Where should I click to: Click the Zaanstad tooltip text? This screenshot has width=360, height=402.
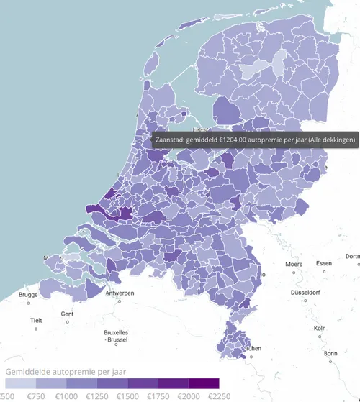click(x=255, y=140)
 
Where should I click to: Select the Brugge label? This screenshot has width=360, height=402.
click(x=28, y=295)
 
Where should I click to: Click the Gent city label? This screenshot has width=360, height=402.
click(x=68, y=314)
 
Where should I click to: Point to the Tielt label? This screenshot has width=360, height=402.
click(x=37, y=321)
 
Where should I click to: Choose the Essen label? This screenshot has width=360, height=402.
click(x=324, y=263)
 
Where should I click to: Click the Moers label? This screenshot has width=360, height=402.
click(x=294, y=264)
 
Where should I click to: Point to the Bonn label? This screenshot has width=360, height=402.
click(x=330, y=353)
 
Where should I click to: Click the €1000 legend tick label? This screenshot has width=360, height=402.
click(x=66, y=396)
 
